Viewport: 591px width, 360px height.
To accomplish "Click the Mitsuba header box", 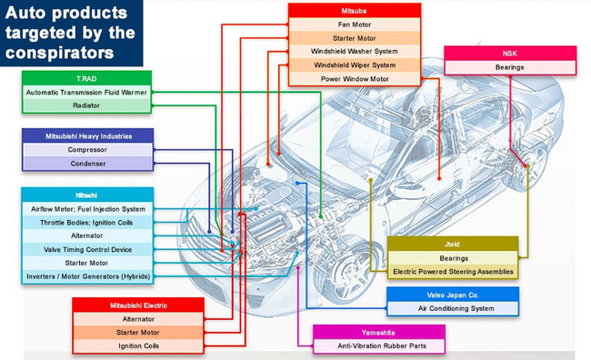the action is [x=355, y=11].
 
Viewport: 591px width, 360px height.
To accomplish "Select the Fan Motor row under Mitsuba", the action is [x=355, y=25].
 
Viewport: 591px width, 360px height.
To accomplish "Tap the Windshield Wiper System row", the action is [x=355, y=65].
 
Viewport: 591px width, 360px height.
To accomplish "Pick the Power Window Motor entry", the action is [x=355, y=79].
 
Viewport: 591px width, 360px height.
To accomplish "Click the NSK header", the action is [x=510, y=54].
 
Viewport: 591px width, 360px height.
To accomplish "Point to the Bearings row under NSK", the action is [x=510, y=67].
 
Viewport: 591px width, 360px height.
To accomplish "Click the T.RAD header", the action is [x=86, y=78].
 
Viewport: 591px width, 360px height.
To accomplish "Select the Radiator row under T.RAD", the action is [x=86, y=105].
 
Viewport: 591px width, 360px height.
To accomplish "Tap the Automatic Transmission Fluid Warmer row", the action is [x=86, y=93].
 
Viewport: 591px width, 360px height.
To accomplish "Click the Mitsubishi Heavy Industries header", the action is [x=88, y=136].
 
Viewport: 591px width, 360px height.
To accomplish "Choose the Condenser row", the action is [x=88, y=164].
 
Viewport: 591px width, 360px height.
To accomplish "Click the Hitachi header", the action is [x=87, y=195].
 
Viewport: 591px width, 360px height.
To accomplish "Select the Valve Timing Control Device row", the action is [x=87, y=250].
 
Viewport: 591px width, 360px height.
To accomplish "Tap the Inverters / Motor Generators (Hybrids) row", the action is [x=87, y=276].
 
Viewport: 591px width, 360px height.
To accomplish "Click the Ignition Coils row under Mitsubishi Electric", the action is [x=138, y=346].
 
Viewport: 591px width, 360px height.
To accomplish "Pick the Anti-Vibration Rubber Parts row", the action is [x=379, y=346].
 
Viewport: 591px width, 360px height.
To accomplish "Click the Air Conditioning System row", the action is [x=453, y=308].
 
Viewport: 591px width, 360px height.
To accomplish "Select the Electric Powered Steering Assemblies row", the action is [x=453, y=272].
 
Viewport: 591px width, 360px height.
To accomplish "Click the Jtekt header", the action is [x=453, y=244].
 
